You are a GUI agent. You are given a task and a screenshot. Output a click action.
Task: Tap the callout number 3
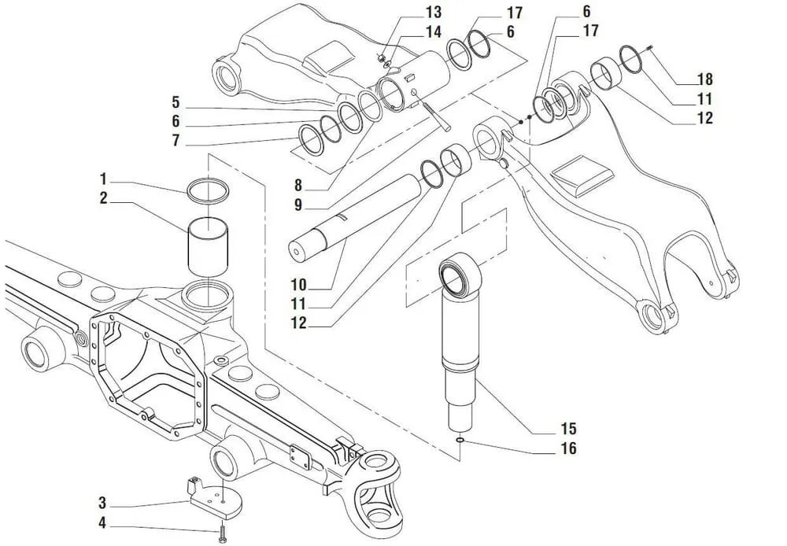coord(103,502)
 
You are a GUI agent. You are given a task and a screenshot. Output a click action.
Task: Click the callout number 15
coord(568,429)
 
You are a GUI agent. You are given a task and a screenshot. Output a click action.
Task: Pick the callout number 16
coord(568,448)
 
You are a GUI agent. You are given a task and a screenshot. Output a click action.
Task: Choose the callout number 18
coord(704,79)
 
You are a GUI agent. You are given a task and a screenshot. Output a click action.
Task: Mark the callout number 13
coord(434,13)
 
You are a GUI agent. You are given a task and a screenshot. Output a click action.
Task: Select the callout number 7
coord(176,142)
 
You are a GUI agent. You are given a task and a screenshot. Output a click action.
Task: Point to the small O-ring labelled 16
coord(459,441)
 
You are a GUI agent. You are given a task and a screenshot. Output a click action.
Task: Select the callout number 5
coord(176,103)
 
